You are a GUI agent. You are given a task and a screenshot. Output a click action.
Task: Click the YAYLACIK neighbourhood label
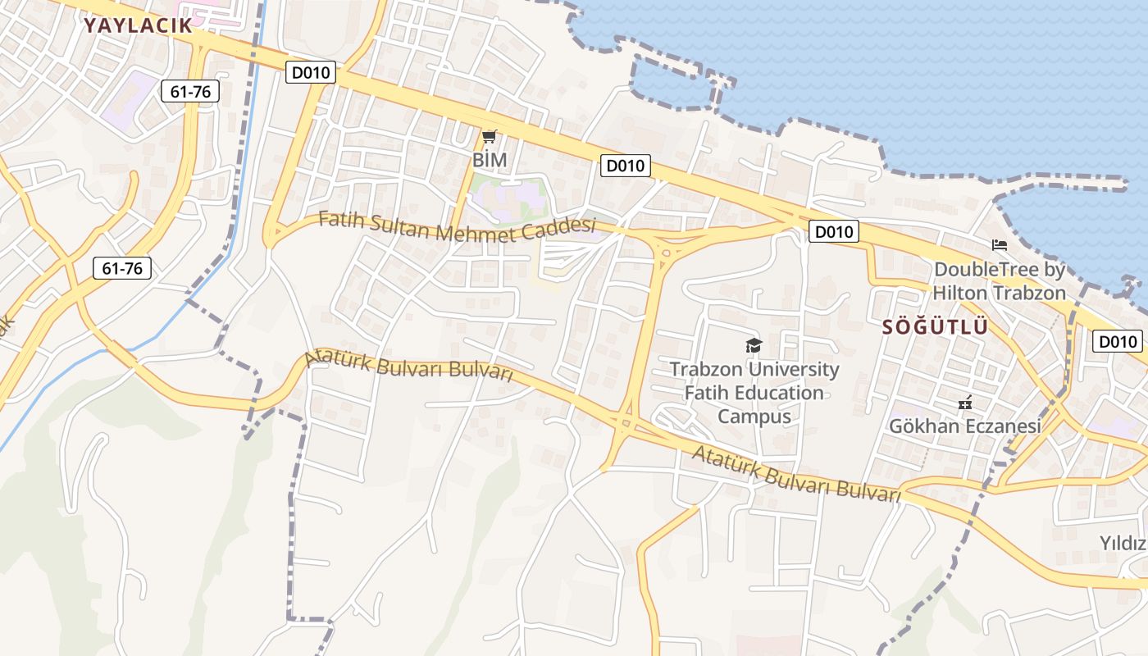(138, 25)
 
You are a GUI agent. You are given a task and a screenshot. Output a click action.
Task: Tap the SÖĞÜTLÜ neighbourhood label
(935, 327)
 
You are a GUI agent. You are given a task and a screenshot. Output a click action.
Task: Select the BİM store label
(490, 160)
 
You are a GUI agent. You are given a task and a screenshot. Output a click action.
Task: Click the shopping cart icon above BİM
(490, 136)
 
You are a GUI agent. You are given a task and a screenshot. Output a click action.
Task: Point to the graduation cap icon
(754, 345)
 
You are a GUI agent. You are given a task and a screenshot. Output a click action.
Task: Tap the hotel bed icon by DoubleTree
(999, 244)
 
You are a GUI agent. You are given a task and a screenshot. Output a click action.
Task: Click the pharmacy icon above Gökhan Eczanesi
(965, 403)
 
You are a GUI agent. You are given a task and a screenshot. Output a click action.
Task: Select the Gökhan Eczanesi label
(965, 426)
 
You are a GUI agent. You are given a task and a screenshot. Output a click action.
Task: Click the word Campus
(754, 416)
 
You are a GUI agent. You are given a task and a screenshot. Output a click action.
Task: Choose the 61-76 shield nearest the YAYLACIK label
(190, 91)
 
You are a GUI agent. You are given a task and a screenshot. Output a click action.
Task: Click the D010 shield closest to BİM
(311, 72)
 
